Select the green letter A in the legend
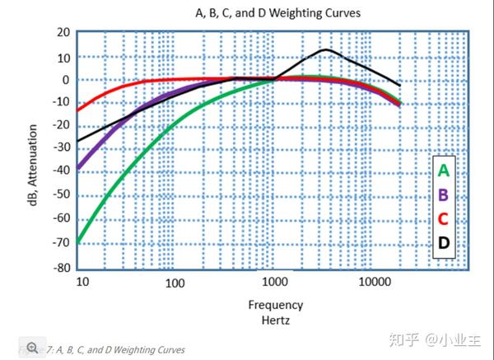(x=444, y=171)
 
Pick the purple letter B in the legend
(x=444, y=195)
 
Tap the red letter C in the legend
(x=444, y=219)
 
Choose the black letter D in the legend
(x=444, y=243)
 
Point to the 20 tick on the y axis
(x=63, y=32)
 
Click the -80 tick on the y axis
(x=61, y=269)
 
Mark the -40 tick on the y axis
(x=61, y=174)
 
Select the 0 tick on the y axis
(x=67, y=80)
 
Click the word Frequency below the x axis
(x=276, y=305)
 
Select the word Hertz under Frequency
(x=276, y=320)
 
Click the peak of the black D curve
(x=326, y=49)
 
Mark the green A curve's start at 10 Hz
(x=79, y=242)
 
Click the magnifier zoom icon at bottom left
(x=33, y=348)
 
